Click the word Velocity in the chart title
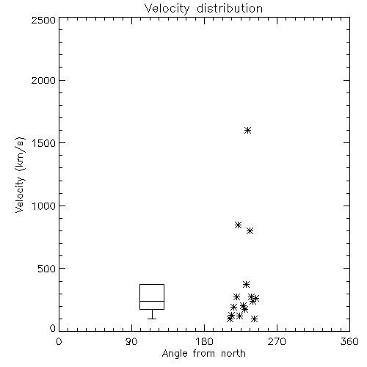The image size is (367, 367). (167, 9)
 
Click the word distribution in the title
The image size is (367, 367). (230, 8)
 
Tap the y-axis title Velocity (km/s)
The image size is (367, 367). (20, 175)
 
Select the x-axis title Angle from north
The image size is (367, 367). (203, 353)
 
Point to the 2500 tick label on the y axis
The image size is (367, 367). (43, 20)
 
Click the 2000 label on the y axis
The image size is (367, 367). (43, 80)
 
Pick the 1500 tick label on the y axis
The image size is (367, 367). (44, 143)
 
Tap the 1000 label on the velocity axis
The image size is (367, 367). (44, 206)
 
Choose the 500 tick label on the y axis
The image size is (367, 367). (47, 269)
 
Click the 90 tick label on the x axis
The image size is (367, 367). (131, 341)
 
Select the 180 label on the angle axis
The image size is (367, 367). (203, 341)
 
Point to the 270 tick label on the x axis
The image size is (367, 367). (277, 341)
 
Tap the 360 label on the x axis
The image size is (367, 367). (349, 341)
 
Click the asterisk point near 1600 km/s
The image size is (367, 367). (248, 130)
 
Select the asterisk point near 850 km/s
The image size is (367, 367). (238, 225)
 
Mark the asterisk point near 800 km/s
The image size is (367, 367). (250, 230)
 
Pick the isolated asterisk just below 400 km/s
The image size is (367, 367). (246, 284)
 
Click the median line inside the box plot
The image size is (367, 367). (152, 301)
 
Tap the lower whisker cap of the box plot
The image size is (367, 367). (152, 319)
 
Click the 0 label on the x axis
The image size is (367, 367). (59, 341)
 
